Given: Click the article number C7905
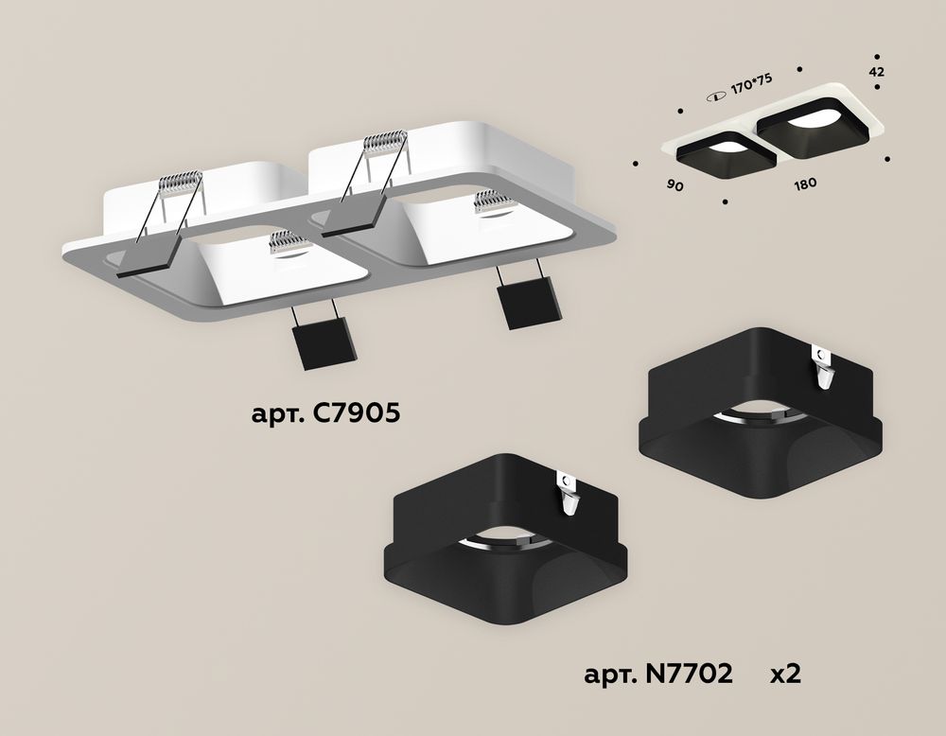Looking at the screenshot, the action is coord(325,413).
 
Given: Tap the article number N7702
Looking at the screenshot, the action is coord(658,674).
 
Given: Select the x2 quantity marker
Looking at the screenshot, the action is coord(785,674).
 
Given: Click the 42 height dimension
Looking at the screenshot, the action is coord(877,72).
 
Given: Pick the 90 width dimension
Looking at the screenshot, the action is coord(675,185).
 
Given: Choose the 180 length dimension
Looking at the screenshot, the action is coord(805,184).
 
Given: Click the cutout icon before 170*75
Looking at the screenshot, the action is coord(717,96).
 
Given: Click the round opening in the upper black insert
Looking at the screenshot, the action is coord(760,417).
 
